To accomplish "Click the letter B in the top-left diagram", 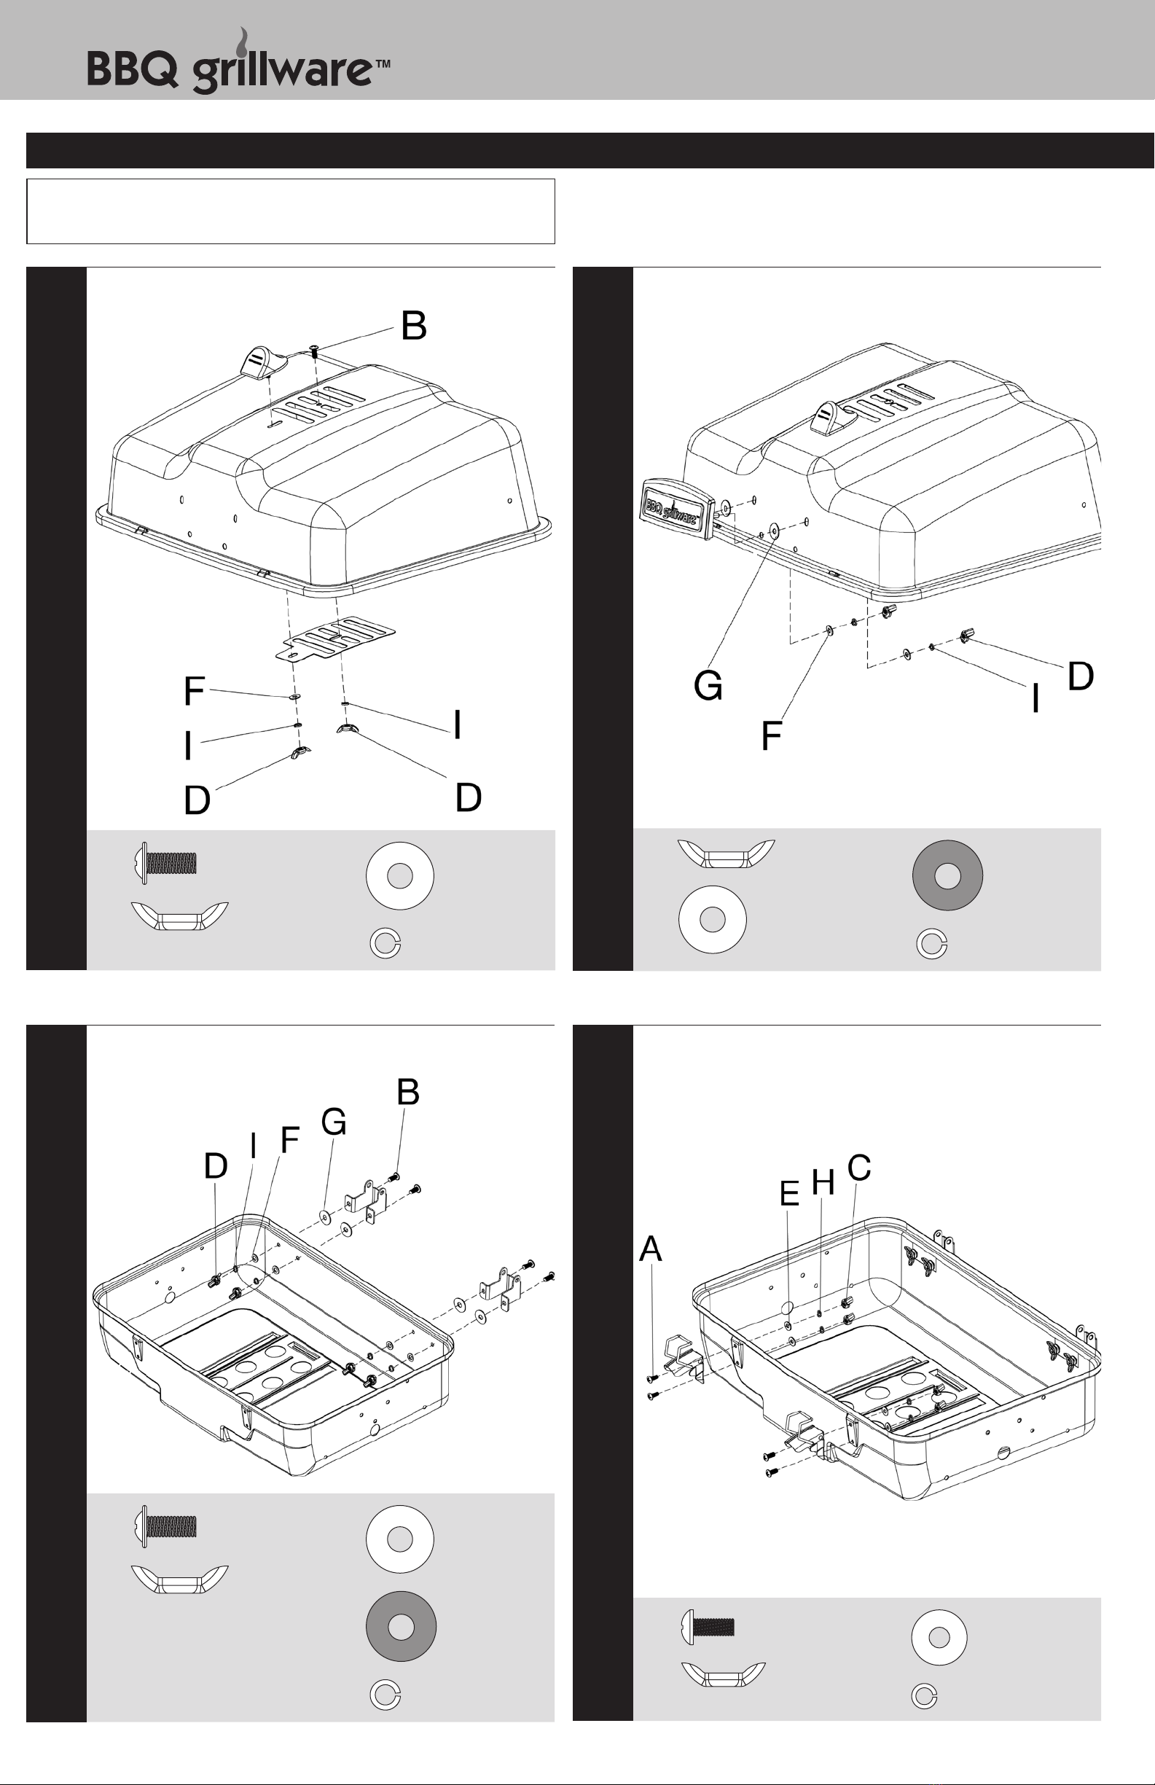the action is pyautogui.click(x=413, y=327).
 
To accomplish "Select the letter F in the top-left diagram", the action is pyautogui.click(x=194, y=691).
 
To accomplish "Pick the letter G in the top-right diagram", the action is pyautogui.click(x=709, y=685).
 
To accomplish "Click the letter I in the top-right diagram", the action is pyautogui.click(x=1035, y=698).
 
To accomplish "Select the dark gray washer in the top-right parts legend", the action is pyautogui.click(x=947, y=875).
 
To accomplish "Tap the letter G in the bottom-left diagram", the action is pyautogui.click(x=334, y=1122).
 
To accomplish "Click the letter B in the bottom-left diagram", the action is pyautogui.click(x=408, y=1093).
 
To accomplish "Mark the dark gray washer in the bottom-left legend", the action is pyautogui.click(x=402, y=1626).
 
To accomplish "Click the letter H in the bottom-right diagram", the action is pyautogui.click(x=823, y=1183).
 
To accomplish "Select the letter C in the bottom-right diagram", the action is pyautogui.click(x=859, y=1168).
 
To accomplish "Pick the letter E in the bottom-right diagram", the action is pyautogui.click(x=790, y=1193).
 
